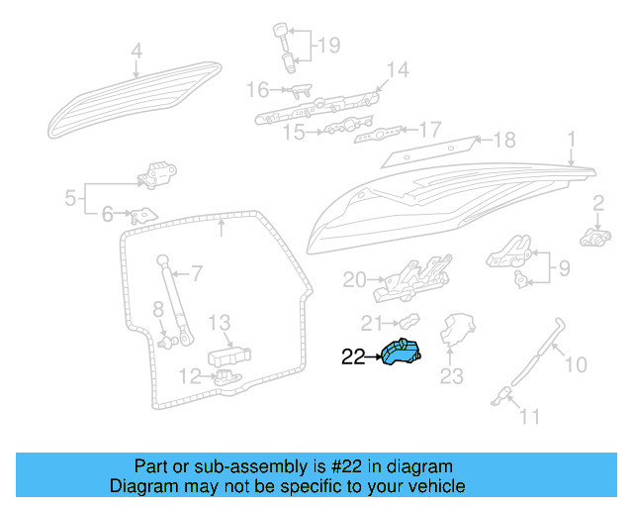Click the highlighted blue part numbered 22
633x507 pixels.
[x=401, y=353]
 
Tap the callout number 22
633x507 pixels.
[x=353, y=357]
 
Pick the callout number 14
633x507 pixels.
[x=397, y=69]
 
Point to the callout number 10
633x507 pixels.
[x=576, y=365]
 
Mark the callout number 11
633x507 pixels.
[x=530, y=417]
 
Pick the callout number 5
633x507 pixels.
[x=70, y=198]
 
